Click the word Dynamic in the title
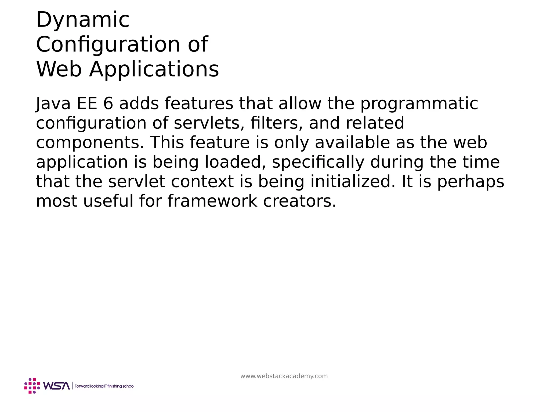coord(83,20)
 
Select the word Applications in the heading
coord(154,69)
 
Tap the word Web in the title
coord(59,69)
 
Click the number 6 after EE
coord(108,104)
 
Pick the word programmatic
coord(419,104)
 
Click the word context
coord(202,182)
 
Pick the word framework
coord(212,201)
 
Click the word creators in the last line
coord(299,201)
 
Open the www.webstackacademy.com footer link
coord(284,376)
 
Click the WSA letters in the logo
coord(56,386)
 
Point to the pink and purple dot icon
coord(32,386)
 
